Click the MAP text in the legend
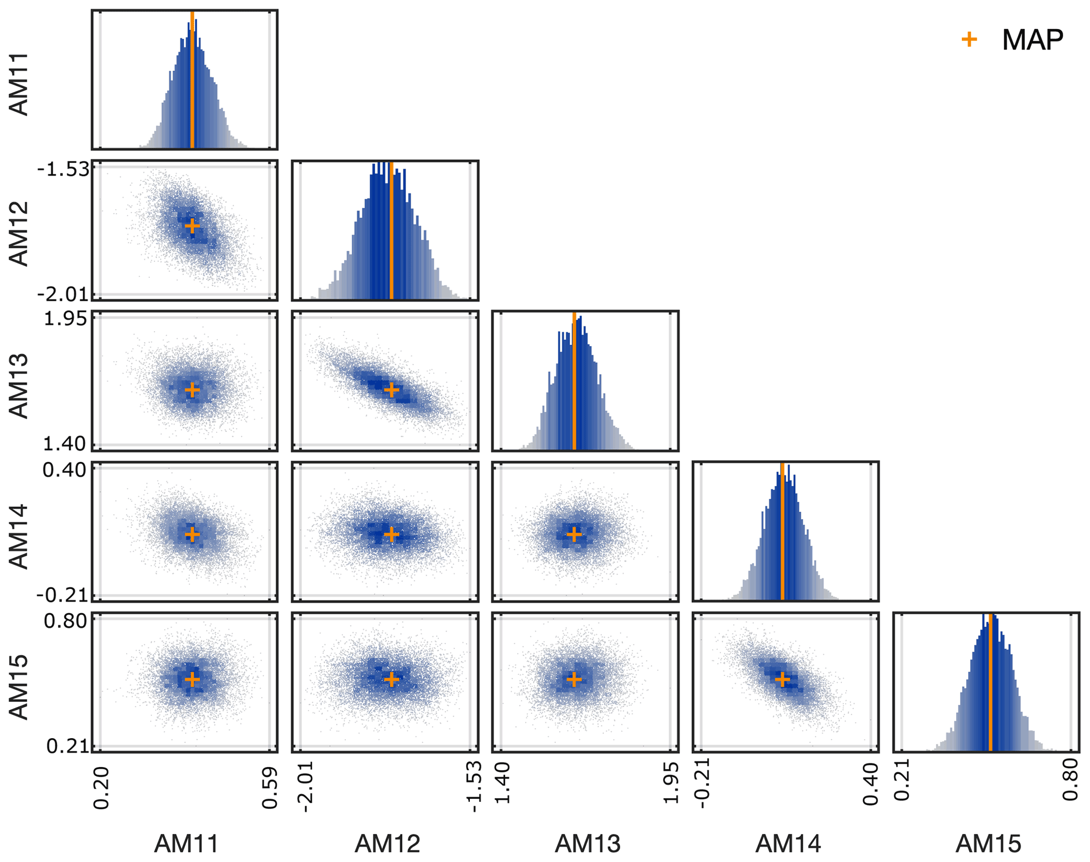coord(1032,40)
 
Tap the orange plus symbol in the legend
coord(969,40)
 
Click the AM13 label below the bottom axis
coord(587,844)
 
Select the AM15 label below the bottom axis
coord(988,844)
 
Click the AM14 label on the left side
coord(19,536)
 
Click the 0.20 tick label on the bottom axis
coord(101,788)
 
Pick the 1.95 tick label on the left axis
coord(65,319)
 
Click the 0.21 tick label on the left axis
coord(66,746)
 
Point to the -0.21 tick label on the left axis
coord(62,595)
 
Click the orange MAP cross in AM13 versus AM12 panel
coord(391,390)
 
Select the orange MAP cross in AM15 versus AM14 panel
coord(783,680)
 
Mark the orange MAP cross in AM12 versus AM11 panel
coord(192,226)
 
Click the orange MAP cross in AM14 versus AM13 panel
coord(574,535)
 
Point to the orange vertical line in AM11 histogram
coord(192,79)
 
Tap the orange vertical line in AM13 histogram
coord(574,380)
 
